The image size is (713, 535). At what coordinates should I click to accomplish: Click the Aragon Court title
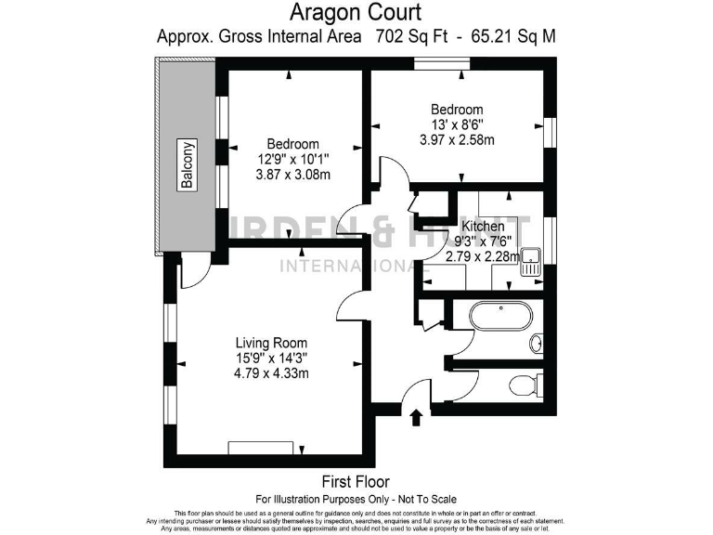coord(356,13)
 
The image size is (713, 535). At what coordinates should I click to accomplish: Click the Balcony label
coord(188,165)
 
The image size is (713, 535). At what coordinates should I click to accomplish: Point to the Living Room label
coord(270,342)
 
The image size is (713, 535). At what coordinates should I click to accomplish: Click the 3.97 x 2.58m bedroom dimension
coord(457,140)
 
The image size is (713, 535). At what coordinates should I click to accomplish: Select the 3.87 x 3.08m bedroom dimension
coord(293,175)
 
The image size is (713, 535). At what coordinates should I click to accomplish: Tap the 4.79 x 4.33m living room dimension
coord(271,372)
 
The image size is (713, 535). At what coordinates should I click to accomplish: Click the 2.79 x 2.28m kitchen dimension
coord(483,256)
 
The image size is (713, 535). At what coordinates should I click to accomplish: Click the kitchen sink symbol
coord(531,262)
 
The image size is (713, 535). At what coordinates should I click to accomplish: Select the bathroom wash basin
coord(537,343)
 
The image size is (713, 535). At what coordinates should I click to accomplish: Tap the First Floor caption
coord(356,481)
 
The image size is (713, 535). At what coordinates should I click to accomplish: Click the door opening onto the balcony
coord(194,270)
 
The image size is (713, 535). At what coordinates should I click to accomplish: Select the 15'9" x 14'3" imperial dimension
coord(271,358)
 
